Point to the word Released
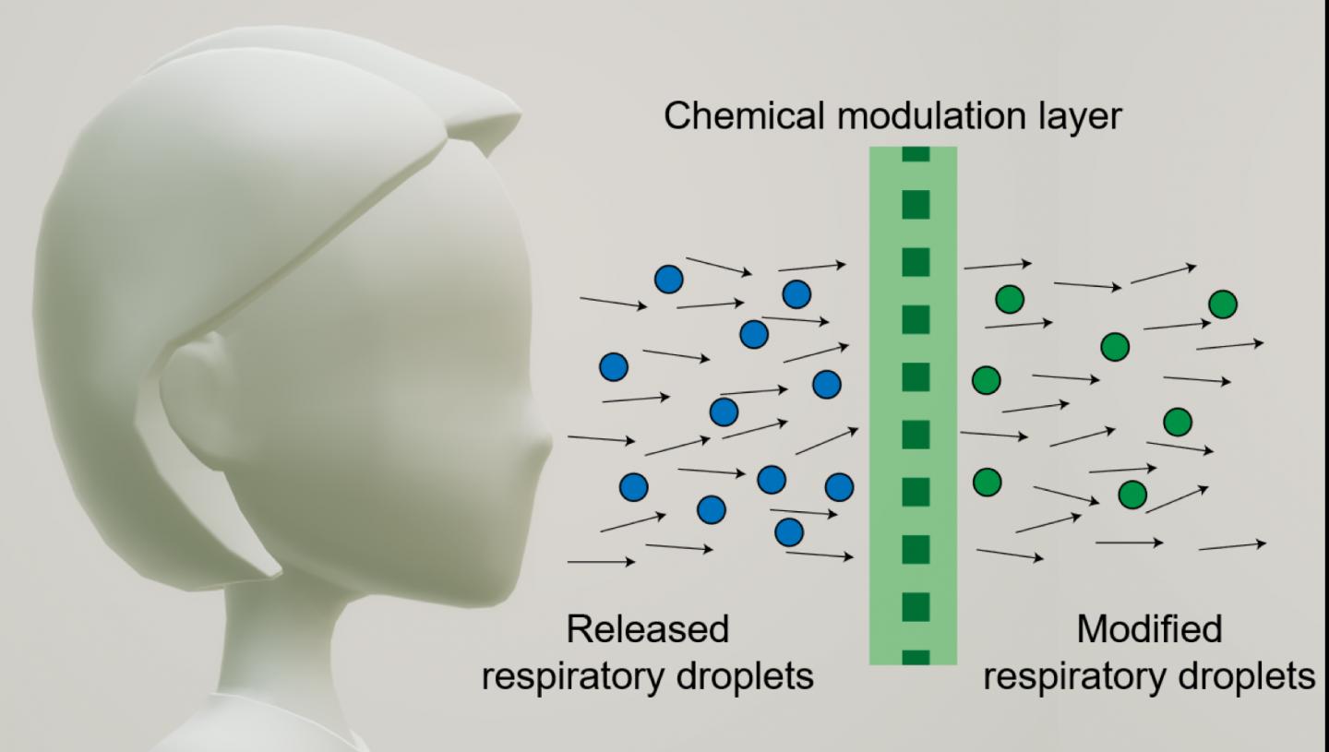point(647,629)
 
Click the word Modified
point(1148,629)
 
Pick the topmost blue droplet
point(668,279)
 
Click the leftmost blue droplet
point(614,367)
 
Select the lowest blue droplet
point(789,531)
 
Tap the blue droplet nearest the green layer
point(839,486)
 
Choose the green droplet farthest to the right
point(1223,304)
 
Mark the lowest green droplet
point(1132,495)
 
